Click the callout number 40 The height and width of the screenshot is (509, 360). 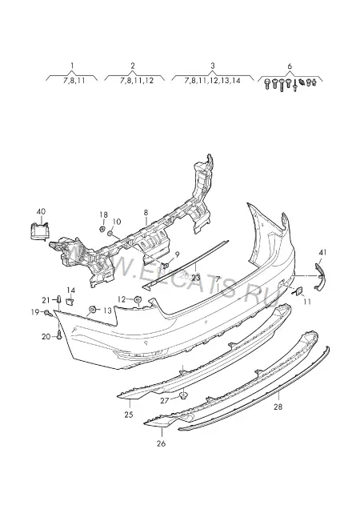[41, 211]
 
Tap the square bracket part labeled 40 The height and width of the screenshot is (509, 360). [40, 230]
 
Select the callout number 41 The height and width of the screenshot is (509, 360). [322, 253]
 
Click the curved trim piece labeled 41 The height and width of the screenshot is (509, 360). [321, 276]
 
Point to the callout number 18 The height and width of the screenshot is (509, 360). [103, 215]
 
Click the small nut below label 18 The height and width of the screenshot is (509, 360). [102, 229]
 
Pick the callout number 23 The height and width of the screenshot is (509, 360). [196, 278]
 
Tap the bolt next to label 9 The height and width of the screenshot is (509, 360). [167, 265]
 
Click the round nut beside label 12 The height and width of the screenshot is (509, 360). [138, 299]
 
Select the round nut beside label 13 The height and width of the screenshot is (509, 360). [93, 310]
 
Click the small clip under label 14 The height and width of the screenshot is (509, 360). [70, 302]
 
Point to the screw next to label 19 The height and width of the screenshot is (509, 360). [47, 313]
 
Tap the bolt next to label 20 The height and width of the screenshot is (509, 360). [58, 335]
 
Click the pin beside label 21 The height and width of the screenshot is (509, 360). [59, 299]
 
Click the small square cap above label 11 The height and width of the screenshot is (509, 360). [298, 291]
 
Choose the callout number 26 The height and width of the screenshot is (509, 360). [161, 443]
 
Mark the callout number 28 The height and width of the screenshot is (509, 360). [278, 407]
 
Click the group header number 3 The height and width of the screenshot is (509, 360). [213, 66]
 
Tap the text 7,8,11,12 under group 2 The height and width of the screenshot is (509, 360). [137, 81]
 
